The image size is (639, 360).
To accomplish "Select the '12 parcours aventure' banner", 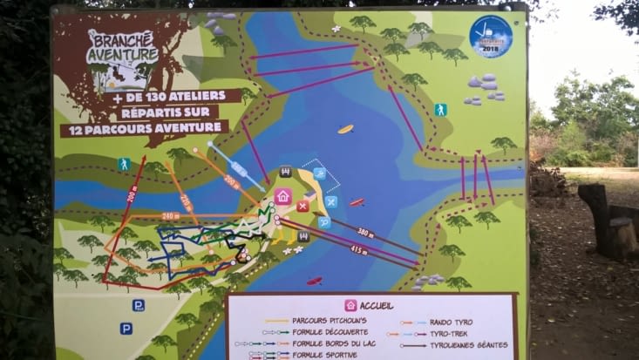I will pos(145,127).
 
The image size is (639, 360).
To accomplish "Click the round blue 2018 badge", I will pos(491,37).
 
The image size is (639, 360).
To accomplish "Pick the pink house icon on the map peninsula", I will pos(282,196).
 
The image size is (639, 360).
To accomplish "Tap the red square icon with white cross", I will pos(303,207).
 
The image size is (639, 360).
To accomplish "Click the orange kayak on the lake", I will pos(346,129).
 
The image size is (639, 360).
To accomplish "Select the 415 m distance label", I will pos(358,249).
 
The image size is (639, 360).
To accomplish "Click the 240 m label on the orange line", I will pos(170,216).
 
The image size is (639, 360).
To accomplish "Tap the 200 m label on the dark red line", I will pos(132,195).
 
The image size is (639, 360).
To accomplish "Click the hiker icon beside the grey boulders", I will pos(440,110).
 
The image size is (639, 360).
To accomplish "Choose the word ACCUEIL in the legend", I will pos(376,306).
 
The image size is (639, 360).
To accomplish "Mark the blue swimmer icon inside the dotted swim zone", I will pos(319,173).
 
